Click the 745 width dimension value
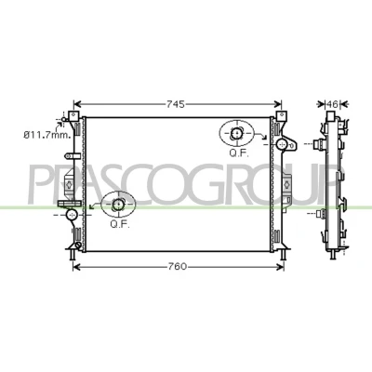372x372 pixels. (x=176, y=104)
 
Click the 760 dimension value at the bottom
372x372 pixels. (x=178, y=266)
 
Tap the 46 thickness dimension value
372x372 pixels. (x=332, y=104)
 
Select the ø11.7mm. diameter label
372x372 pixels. (x=47, y=135)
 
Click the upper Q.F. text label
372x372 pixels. (x=239, y=153)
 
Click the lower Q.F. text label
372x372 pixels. (x=120, y=224)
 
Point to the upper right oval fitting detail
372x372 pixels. (x=236, y=134)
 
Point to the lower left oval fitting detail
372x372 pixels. (x=119, y=205)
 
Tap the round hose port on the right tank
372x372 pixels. (x=282, y=143)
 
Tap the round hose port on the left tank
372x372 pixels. (x=72, y=214)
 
